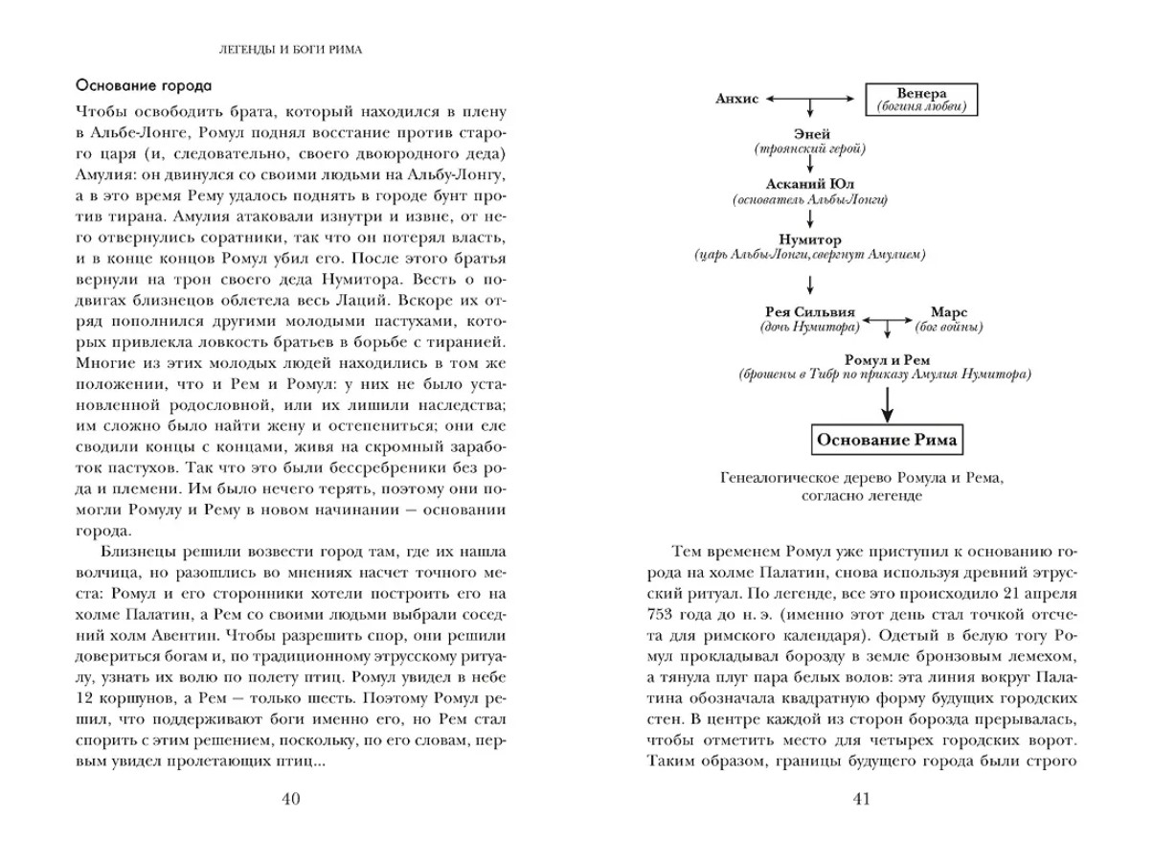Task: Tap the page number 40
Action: click(292, 800)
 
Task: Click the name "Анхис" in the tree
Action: click(736, 98)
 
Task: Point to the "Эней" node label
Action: click(811, 134)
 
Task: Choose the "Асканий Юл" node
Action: click(809, 184)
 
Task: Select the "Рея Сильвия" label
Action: click(808, 313)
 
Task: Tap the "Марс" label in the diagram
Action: click(949, 313)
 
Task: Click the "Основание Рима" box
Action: click(887, 441)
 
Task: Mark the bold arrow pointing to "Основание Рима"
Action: click(887, 401)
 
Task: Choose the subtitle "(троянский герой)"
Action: click(810, 149)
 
